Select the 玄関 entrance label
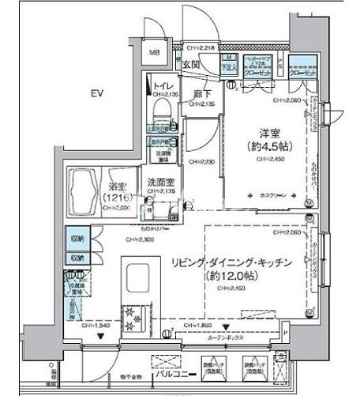(x=193, y=66)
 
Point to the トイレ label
(x=164, y=86)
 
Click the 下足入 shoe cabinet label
(x=227, y=67)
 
